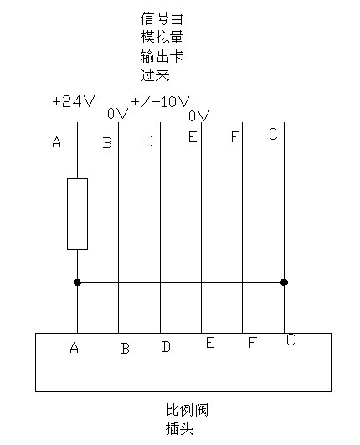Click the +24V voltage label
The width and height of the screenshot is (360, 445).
coord(73,101)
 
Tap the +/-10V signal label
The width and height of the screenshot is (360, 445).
coord(160,101)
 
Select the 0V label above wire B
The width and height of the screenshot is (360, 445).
coord(118,114)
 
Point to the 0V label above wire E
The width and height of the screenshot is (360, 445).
coord(199,115)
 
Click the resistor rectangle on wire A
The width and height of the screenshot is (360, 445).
coord(77,214)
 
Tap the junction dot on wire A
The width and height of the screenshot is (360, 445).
coord(77,283)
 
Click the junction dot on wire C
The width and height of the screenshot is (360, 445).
coord(284,283)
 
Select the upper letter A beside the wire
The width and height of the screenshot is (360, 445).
coord(57,141)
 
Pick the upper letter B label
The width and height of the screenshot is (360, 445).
coord(107,142)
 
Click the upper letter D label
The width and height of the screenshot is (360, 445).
coord(148,141)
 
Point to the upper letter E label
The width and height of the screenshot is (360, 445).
coord(193,137)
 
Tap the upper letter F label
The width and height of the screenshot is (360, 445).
coord(234,136)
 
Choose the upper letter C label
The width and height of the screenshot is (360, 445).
coord(273,134)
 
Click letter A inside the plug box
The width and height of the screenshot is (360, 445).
coord(75,347)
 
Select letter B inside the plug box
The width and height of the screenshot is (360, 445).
coord(125,349)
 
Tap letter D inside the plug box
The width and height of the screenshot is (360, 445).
coord(167,347)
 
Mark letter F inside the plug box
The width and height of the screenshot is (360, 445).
coord(253,342)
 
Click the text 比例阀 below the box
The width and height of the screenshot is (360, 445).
coord(188,410)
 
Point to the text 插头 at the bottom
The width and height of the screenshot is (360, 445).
coord(179,428)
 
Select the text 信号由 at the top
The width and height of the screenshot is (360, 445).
coord(162,18)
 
